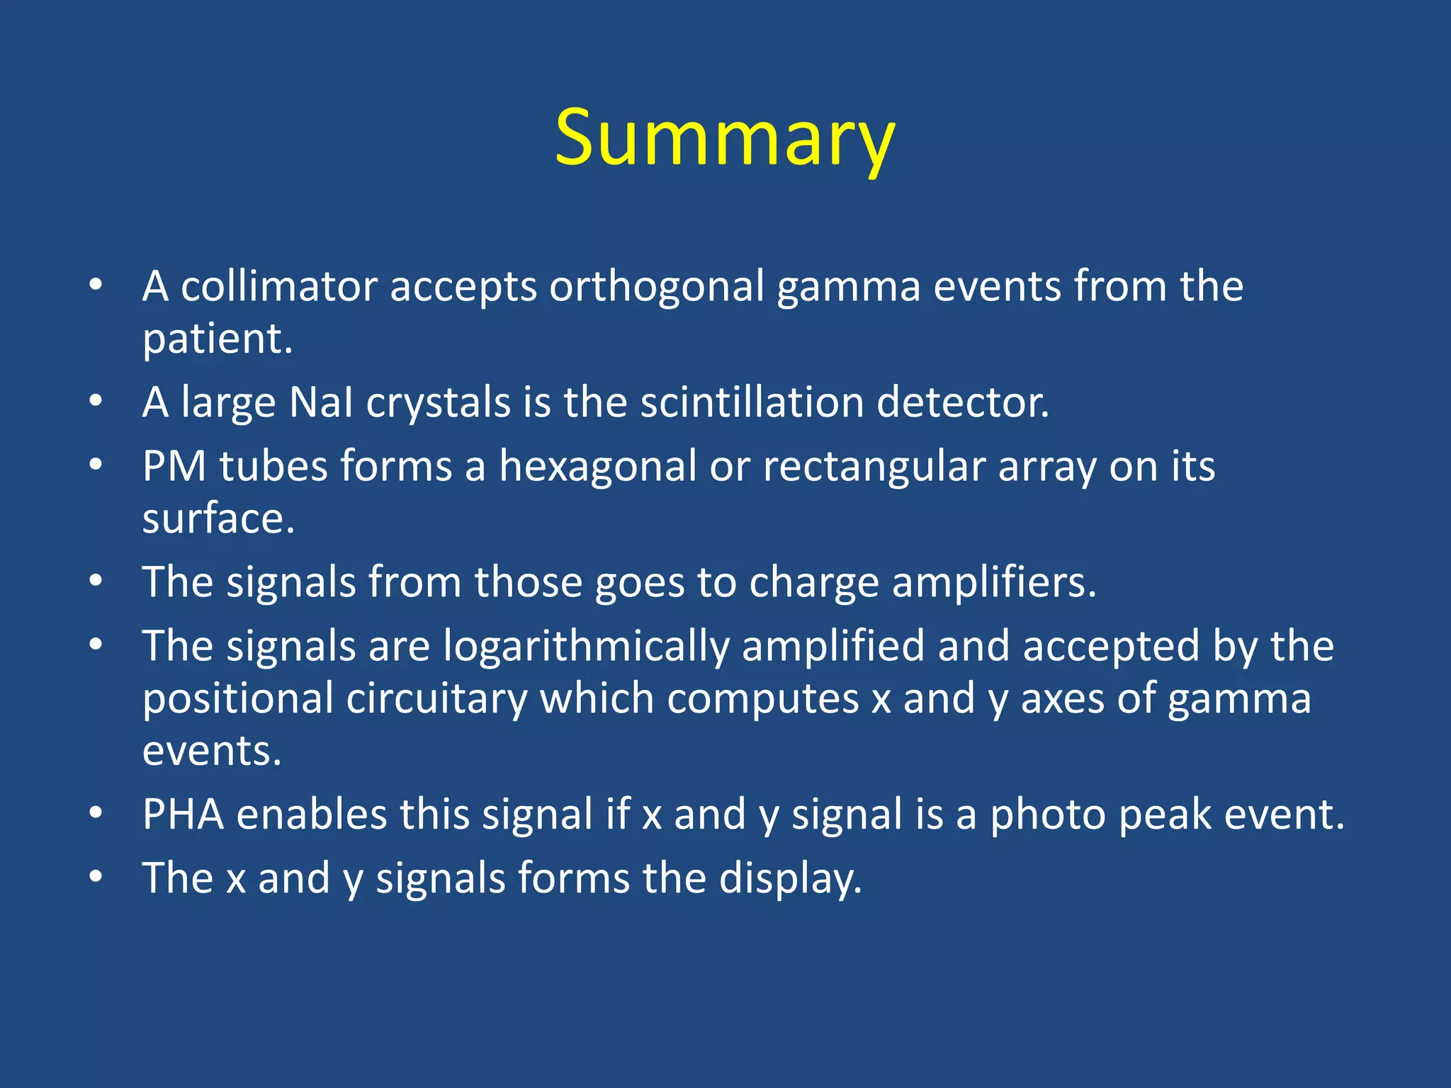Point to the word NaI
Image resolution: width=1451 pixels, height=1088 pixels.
click(x=321, y=402)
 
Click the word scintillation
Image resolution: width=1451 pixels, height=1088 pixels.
click(x=752, y=402)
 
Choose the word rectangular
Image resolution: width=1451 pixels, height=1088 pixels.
click(x=874, y=467)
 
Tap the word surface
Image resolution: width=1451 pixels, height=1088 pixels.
click(x=218, y=518)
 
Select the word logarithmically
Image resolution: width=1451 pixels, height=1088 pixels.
click(x=586, y=647)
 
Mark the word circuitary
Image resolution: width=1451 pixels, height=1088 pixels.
click(x=436, y=698)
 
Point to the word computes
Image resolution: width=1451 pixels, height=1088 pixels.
click(x=762, y=698)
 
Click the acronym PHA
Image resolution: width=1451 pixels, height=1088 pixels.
click(x=184, y=814)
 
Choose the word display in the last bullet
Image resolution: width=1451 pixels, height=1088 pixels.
click(x=790, y=878)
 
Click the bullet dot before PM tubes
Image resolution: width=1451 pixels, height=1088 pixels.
click(x=96, y=465)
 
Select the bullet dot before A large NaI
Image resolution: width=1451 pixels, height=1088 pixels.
click(x=96, y=401)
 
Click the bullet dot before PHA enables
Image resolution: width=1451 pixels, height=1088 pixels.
click(x=96, y=812)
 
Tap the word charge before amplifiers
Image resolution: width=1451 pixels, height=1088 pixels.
click(x=813, y=582)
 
